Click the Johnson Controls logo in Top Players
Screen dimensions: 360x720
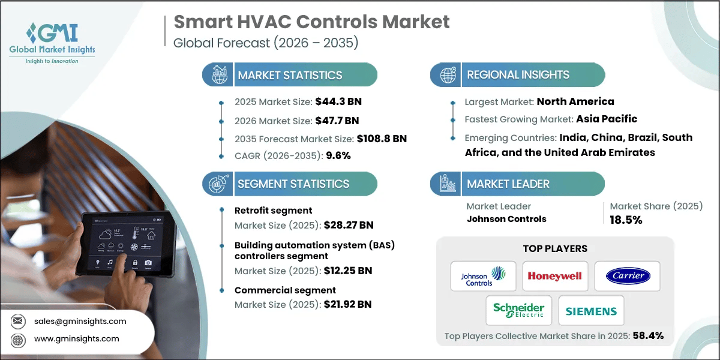(x=483, y=277)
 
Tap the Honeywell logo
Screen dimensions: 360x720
(x=555, y=276)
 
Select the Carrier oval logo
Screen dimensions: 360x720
(x=627, y=276)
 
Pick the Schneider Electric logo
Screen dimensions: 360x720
(x=518, y=310)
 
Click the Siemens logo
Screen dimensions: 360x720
(x=591, y=311)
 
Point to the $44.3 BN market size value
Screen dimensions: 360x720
(x=338, y=101)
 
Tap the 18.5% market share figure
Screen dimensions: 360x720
(x=626, y=220)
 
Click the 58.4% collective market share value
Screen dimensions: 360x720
(x=648, y=335)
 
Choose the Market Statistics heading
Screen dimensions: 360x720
(x=290, y=75)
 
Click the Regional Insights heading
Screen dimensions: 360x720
(x=518, y=75)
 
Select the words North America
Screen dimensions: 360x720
(x=575, y=101)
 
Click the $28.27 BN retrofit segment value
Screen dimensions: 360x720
(x=349, y=225)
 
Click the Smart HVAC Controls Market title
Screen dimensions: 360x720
(x=311, y=23)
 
